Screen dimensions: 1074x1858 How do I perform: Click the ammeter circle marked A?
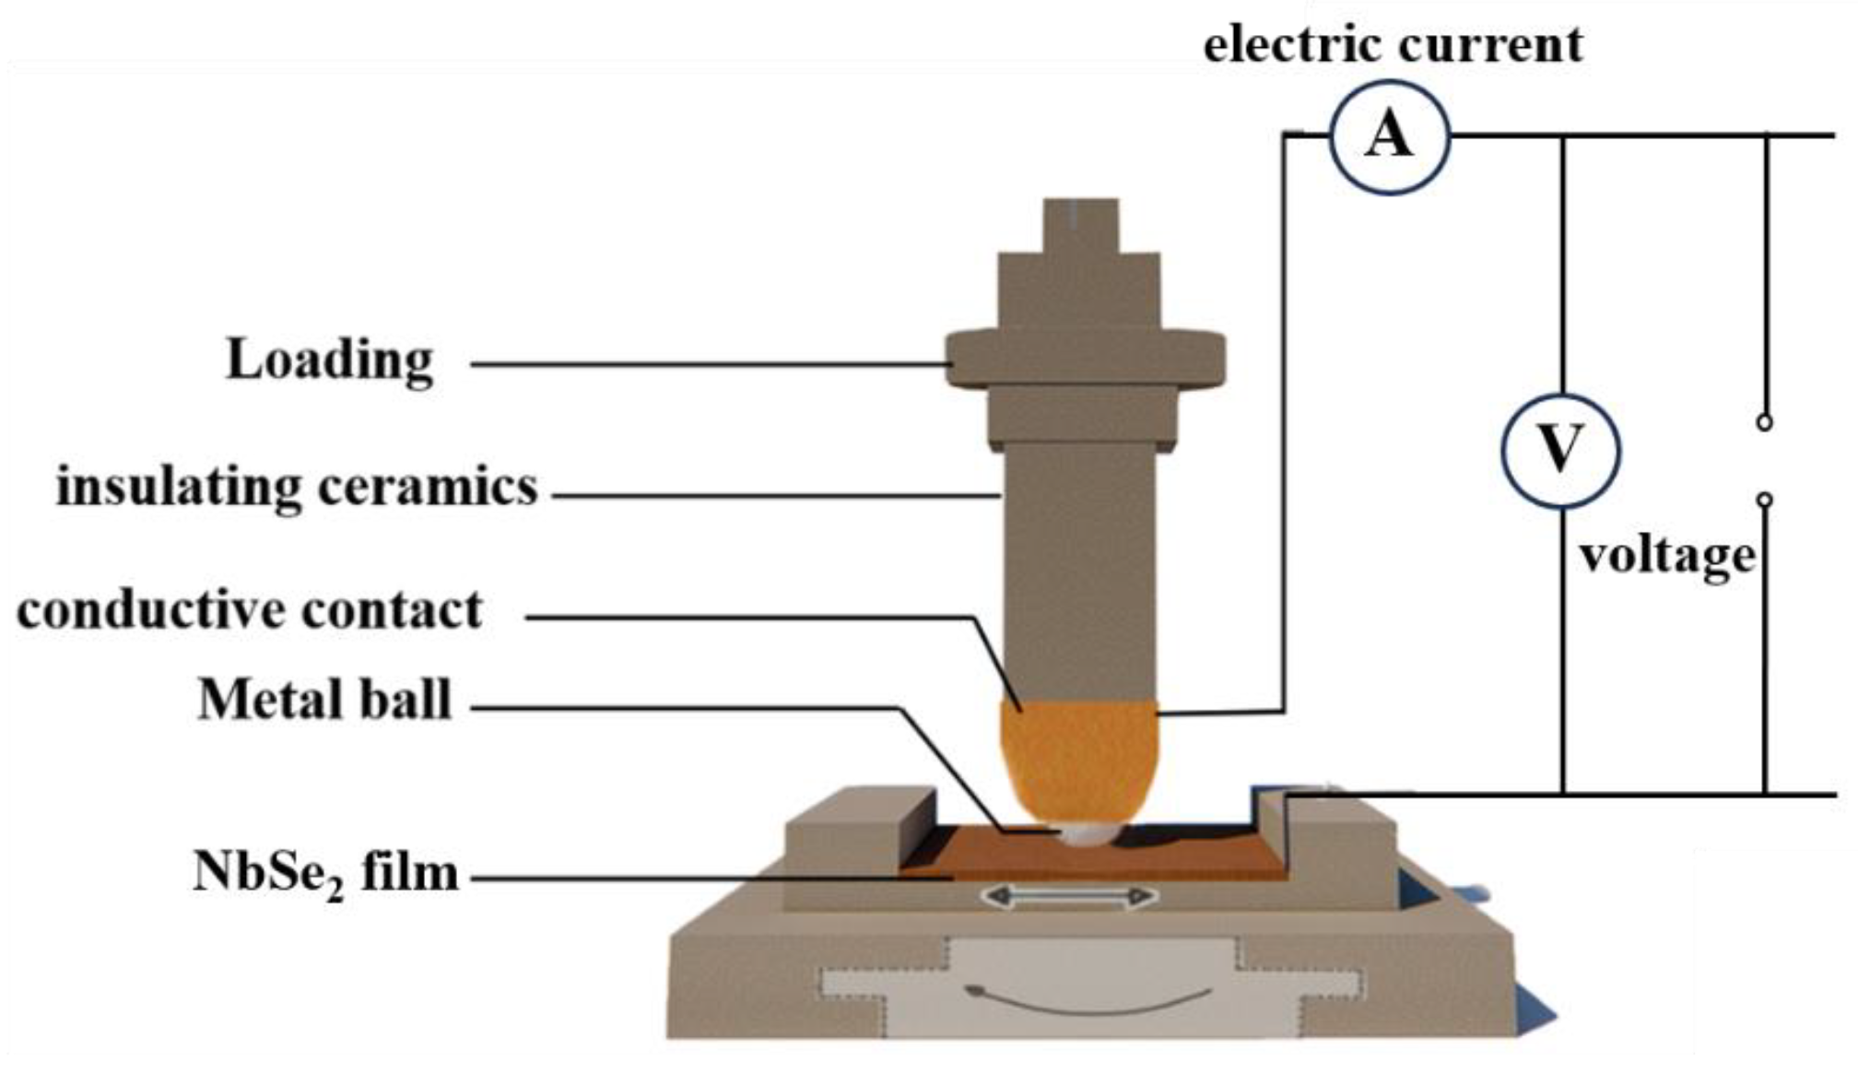(1389, 137)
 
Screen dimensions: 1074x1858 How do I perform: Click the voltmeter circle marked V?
(1559, 451)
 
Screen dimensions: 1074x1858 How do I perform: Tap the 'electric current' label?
(1393, 44)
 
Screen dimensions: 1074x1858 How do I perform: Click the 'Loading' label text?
(329, 360)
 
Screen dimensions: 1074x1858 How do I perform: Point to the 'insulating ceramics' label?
(297, 487)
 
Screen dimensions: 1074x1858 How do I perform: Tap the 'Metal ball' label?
(324, 700)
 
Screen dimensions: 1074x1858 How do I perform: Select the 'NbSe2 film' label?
(325, 872)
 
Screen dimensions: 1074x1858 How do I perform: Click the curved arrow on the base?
(1088, 1001)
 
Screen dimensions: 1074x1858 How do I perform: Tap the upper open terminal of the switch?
(1764, 422)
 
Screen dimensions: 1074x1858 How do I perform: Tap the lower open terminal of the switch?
(1764, 501)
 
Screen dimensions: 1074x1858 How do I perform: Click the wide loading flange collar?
(1086, 360)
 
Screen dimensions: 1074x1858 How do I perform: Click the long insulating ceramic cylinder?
(1078, 572)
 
